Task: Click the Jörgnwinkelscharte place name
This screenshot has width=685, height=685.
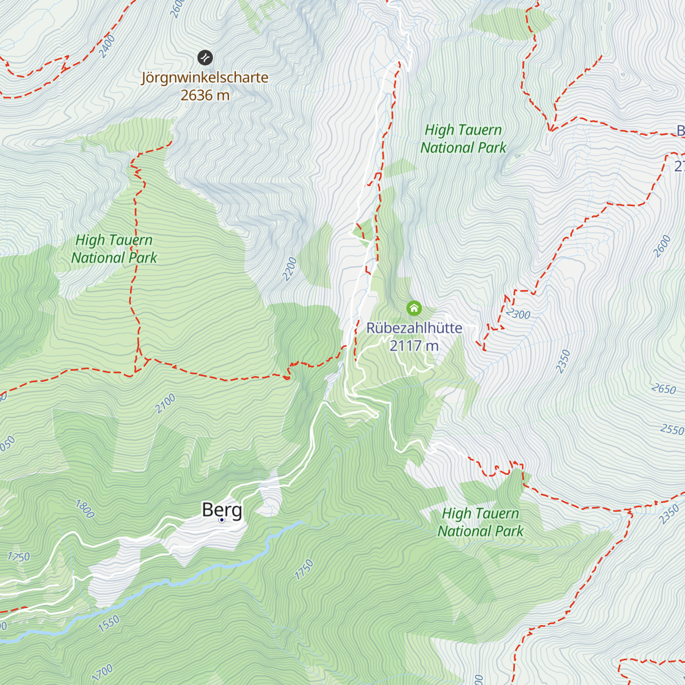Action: point(205,77)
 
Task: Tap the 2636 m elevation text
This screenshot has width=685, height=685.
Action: point(205,95)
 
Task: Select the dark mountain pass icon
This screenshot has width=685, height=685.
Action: point(205,57)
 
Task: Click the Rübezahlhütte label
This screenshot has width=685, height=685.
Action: point(414,328)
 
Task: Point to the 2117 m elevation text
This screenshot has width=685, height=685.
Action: point(414,346)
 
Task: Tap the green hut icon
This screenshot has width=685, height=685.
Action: point(414,309)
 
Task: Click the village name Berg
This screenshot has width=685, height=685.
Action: point(222,509)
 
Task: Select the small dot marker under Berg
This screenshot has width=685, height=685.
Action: point(222,520)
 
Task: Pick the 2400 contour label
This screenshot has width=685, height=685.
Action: point(107,46)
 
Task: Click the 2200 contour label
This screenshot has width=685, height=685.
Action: point(290,269)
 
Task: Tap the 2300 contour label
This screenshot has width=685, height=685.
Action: point(518,314)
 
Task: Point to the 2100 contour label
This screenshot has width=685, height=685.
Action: point(166,404)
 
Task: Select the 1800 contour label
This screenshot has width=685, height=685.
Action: point(84,509)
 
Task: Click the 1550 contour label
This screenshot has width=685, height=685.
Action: point(108,623)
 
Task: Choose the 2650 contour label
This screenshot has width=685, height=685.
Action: point(664,389)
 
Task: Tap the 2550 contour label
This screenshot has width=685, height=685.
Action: point(672,429)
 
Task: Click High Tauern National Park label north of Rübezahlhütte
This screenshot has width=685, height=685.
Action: point(463,139)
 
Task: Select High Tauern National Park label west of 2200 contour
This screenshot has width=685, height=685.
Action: point(114,249)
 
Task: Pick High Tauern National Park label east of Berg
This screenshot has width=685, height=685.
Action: point(480,522)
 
